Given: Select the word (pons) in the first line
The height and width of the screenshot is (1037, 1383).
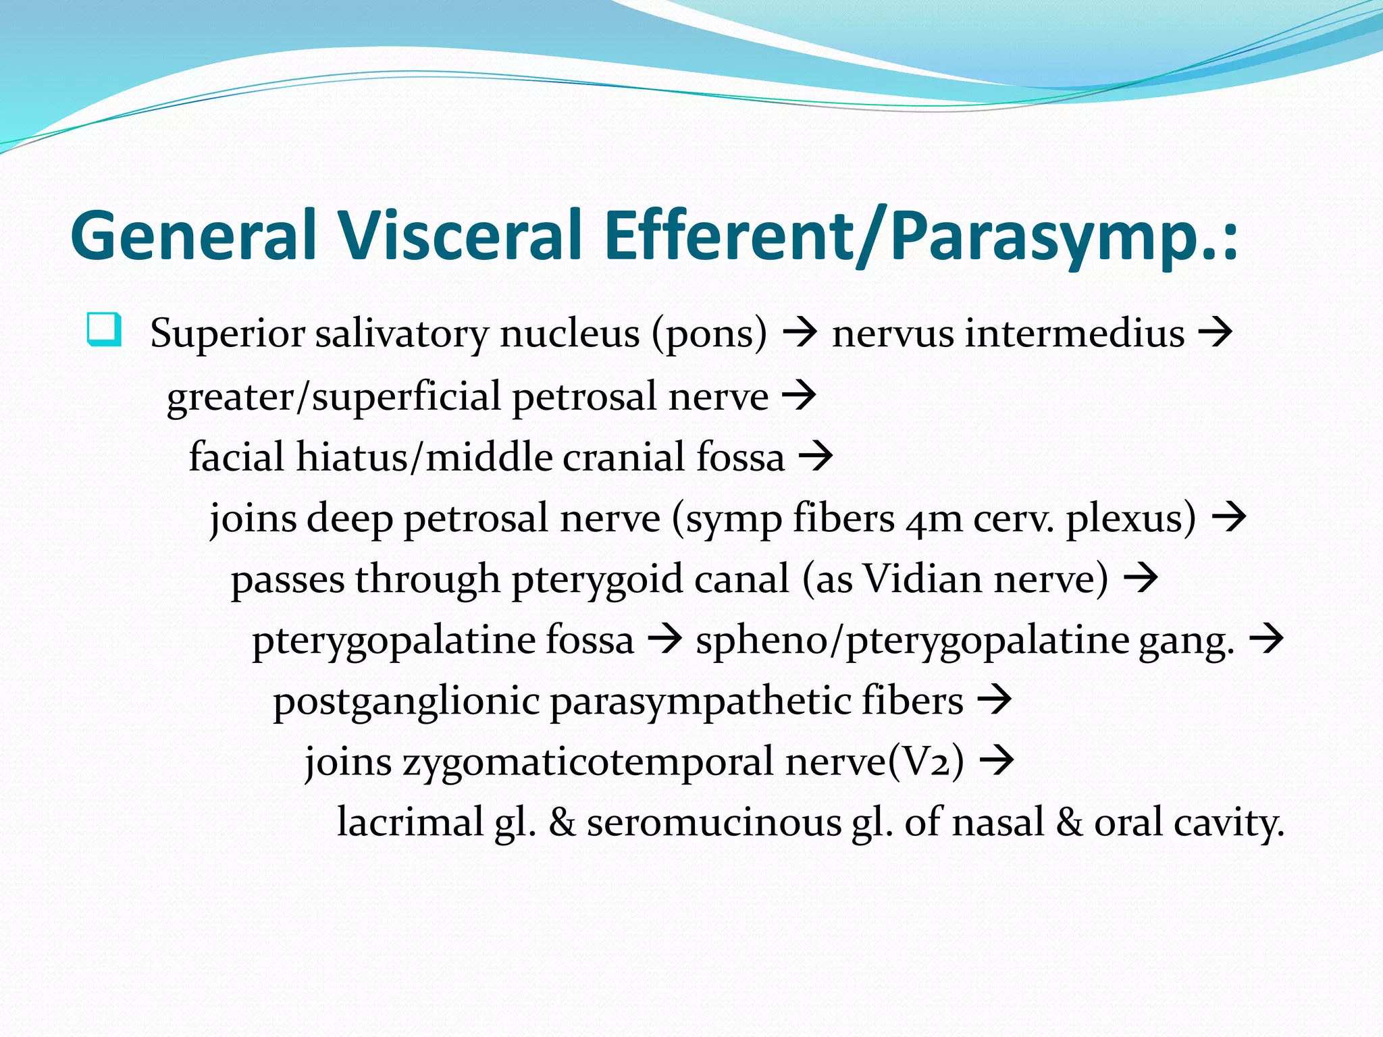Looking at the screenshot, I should coord(709,334).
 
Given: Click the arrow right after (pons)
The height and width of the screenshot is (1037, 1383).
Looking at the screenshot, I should coord(800,333).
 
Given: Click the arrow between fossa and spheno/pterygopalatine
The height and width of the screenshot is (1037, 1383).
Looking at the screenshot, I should coord(664,639).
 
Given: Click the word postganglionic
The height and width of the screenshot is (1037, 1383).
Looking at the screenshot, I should coord(406,701).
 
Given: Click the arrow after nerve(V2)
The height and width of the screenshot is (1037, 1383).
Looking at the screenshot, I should coord(997,761).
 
